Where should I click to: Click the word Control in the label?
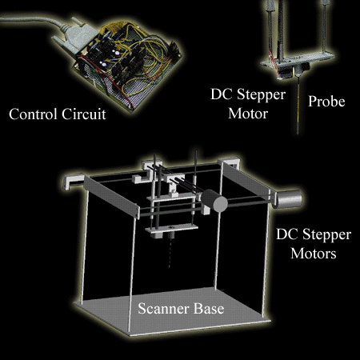pos(33,114)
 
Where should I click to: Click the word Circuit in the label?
pos(84,114)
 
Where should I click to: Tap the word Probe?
pos(326,102)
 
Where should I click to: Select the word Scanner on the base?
pos(163,309)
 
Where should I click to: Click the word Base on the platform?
pos(209,309)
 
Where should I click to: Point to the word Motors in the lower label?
pos(314,253)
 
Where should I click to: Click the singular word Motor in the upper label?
pos(248,114)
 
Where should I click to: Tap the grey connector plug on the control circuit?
pos(75,35)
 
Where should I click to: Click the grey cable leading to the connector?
pos(32,20)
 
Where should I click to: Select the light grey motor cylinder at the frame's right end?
pos(289,199)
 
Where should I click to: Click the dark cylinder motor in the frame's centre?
pos(214,201)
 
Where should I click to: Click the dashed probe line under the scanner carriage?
pos(170,253)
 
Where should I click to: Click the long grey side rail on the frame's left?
pos(112,197)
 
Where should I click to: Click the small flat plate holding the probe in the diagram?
pos(171,229)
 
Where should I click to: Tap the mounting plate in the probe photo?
pos(298,61)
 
